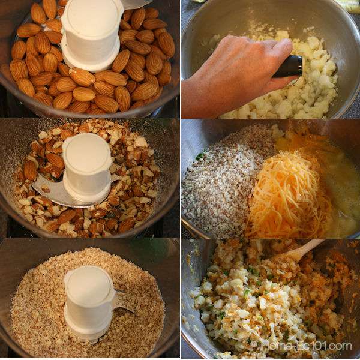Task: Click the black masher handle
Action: click(x=289, y=66)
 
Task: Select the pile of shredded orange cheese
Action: click(x=287, y=195)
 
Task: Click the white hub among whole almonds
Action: click(x=91, y=34)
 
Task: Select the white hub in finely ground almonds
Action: click(x=89, y=303)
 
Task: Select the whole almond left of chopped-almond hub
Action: click(x=30, y=170)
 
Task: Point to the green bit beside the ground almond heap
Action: click(x=200, y=156)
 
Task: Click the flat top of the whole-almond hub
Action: click(x=92, y=14)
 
